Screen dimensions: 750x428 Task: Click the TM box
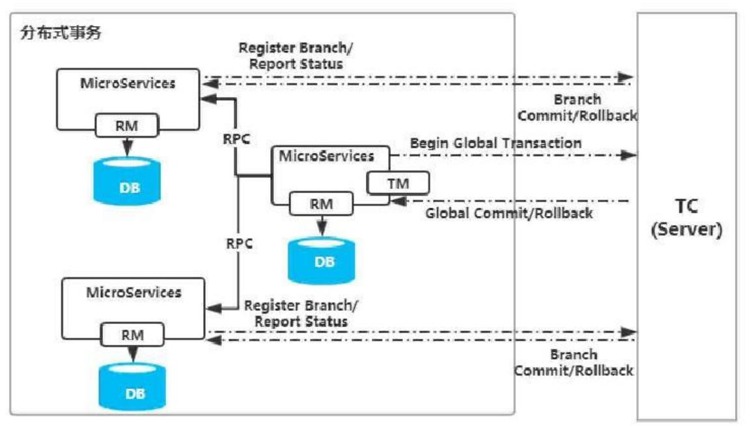click(398, 183)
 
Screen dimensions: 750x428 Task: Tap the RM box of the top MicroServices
click(127, 126)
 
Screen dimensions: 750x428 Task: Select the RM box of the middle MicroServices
click(321, 204)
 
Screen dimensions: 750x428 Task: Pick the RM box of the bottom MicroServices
click(133, 335)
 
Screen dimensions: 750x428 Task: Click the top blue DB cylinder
click(127, 181)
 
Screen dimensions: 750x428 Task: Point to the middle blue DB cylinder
click(322, 260)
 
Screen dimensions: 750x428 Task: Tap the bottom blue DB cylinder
click(132, 387)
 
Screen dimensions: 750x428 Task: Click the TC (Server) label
click(686, 218)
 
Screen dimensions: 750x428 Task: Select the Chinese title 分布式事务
click(61, 33)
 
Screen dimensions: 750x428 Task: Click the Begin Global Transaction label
click(495, 143)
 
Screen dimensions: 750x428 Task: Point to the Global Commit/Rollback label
click(509, 213)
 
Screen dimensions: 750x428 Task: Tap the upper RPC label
click(237, 139)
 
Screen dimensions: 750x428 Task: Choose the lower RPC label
click(239, 244)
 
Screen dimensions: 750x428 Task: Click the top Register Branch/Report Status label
click(296, 56)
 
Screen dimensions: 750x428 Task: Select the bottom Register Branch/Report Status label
click(301, 314)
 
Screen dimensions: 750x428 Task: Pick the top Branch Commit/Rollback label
click(577, 107)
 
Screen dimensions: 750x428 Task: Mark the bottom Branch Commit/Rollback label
click(574, 362)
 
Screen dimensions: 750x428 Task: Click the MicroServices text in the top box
click(128, 83)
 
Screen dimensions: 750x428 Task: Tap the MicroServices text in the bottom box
click(133, 292)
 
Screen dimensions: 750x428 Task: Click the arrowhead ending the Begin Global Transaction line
click(628, 155)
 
